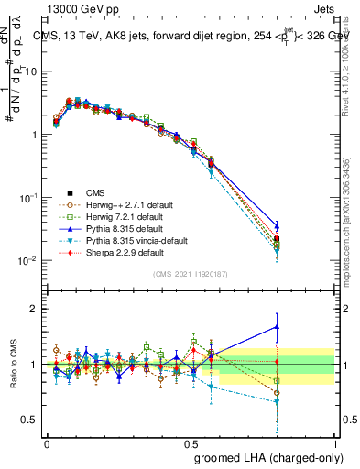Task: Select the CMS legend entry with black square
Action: pos(95,192)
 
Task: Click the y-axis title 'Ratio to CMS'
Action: pos(14,365)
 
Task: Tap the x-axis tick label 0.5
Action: pos(191,442)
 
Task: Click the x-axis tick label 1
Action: pos(334,442)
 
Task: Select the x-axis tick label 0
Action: pos(48,442)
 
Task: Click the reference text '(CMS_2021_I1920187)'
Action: pos(191,274)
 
